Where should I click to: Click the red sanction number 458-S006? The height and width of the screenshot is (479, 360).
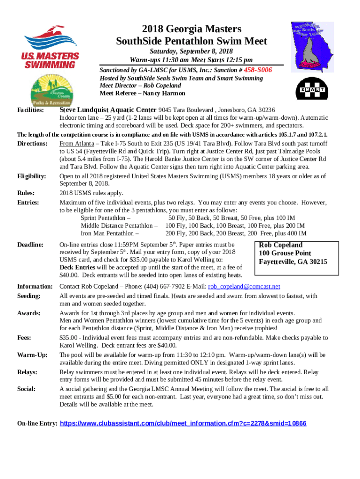tap(255, 70)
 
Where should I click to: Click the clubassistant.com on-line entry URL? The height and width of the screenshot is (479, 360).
tap(184, 423)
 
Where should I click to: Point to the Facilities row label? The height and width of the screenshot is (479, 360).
tap(31, 110)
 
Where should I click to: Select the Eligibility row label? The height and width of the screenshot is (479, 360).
tap(32, 176)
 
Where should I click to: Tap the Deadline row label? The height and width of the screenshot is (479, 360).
tap(30, 245)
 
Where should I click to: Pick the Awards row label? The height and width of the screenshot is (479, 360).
tap(29, 313)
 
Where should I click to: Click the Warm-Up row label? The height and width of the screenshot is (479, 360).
tap(32, 355)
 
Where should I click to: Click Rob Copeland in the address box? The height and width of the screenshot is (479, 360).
tap(281, 245)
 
